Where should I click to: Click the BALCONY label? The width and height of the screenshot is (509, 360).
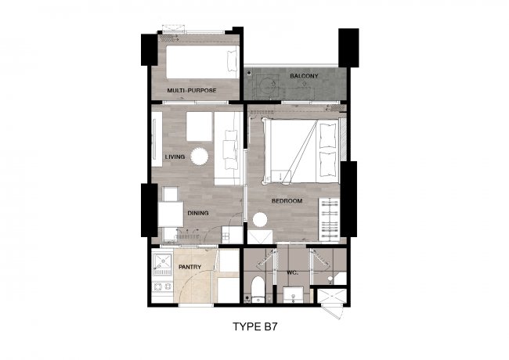pyautogui.click(x=304, y=76)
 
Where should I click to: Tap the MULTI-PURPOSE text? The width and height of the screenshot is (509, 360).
pyautogui.click(x=192, y=91)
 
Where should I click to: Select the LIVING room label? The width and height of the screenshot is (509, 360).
pyautogui.click(x=175, y=157)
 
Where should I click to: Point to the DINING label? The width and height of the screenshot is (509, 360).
pyautogui.click(x=198, y=213)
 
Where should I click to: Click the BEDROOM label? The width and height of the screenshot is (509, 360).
pyautogui.click(x=287, y=201)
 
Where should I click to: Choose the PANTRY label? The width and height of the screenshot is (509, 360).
pyautogui.click(x=190, y=267)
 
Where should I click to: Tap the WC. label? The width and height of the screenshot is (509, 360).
pyautogui.click(x=293, y=273)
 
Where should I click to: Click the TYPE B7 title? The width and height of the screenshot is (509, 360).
pyautogui.click(x=255, y=326)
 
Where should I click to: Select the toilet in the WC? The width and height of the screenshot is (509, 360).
pyautogui.click(x=258, y=290)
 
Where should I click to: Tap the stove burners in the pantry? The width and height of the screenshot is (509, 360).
pyautogui.click(x=162, y=286)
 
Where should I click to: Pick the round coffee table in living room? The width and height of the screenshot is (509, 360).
pyautogui.click(x=199, y=157)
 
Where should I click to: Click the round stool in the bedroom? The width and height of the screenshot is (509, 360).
pyautogui.click(x=260, y=220)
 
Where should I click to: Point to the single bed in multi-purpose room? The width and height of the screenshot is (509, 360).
pyautogui.click(x=203, y=62)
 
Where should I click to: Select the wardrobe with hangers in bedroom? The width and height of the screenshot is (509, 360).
pyautogui.click(x=329, y=220)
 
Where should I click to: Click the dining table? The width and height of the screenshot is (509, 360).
pyautogui.click(x=171, y=214)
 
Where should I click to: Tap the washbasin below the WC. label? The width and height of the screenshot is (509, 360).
pyautogui.click(x=294, y=295)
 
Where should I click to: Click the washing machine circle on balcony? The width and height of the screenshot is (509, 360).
pyautogui.click(x=268, y=85)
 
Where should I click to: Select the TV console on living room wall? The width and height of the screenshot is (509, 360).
pyautogui.click(x=157, y=139)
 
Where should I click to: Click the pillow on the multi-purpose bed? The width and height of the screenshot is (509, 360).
pyautogui.click(x=233, y=61)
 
